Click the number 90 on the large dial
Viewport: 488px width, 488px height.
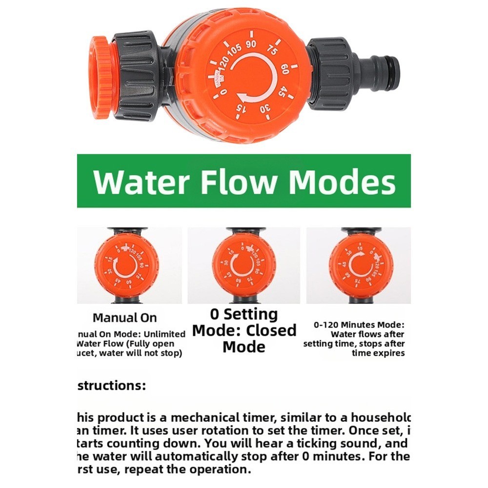[251, 44]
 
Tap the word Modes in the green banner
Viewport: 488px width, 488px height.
[341, 182]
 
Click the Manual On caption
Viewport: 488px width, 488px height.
[125, 318]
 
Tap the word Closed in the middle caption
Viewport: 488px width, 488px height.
[271, 330]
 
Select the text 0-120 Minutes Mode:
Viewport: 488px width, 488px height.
[359, 325]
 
